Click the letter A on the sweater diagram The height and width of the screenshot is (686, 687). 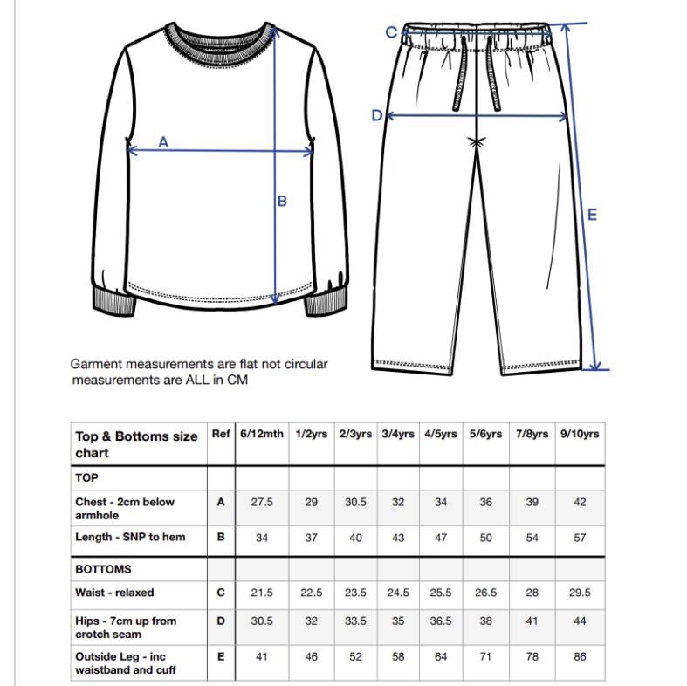coord(163,142)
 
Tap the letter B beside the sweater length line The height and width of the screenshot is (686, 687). coord(282,202)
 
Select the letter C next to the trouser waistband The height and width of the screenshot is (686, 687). coord(391,32)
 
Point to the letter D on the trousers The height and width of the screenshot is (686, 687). coord(377,116)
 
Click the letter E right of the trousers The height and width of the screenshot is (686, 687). coord(592,215)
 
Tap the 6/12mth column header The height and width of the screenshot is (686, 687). coord(262,435)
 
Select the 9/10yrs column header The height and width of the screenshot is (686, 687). coord(580,435)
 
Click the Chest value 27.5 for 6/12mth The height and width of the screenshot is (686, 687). coord(262,503)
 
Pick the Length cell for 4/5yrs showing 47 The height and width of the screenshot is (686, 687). coord(441,538)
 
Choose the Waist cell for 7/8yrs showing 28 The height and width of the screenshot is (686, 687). coord(532,593)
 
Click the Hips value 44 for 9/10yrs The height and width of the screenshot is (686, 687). coord(580,621)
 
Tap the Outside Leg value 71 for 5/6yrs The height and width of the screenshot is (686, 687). coord(486,657)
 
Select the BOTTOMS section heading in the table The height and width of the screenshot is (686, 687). coord(103,569)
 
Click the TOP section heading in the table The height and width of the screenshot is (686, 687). coord(86,478)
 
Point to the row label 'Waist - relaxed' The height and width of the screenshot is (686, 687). coord(114,593)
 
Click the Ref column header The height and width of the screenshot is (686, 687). coord(221,435)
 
